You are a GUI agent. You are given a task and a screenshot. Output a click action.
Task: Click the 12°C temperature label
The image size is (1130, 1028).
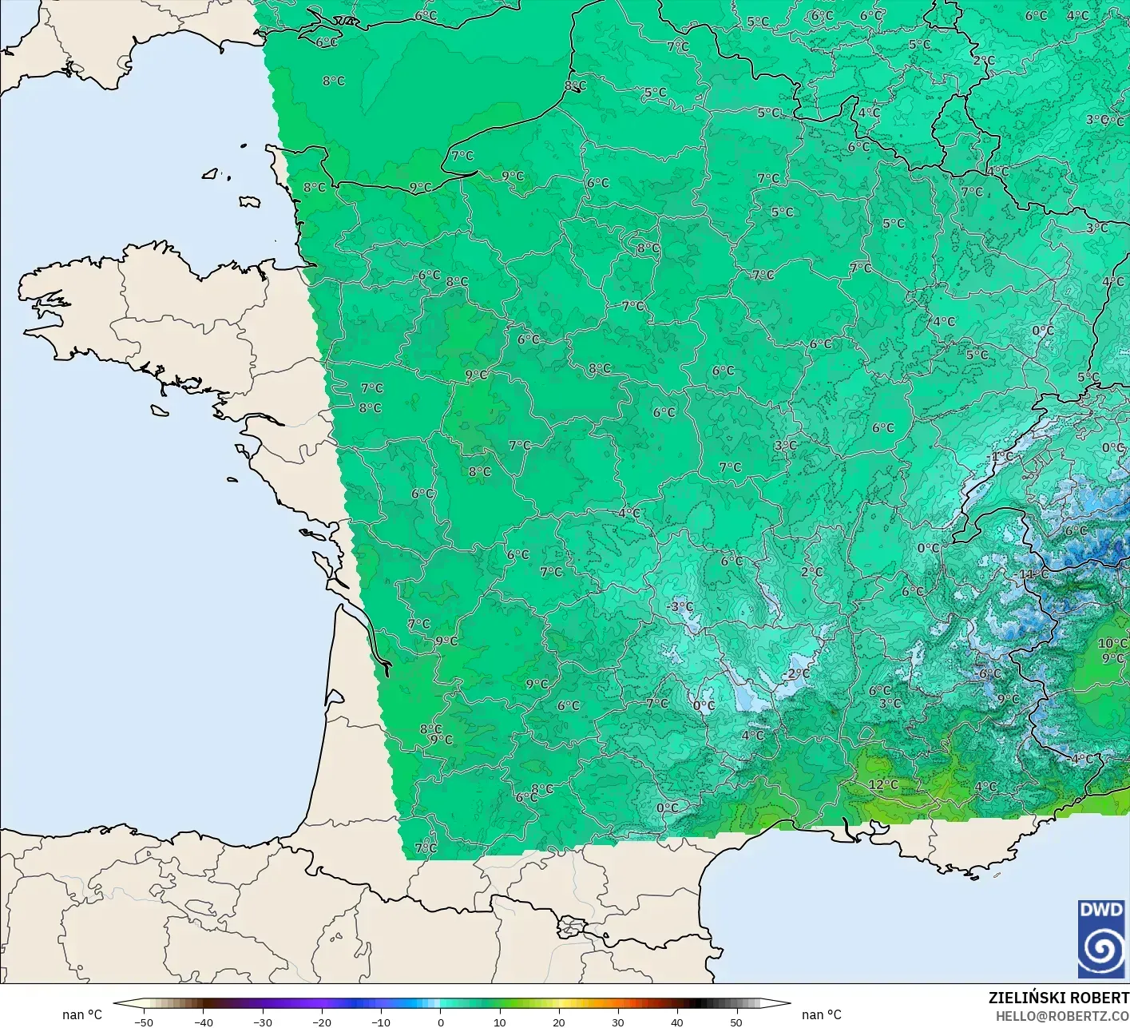pos(883,784)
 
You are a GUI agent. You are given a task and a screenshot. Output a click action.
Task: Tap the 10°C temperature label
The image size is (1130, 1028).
pos(1112,644)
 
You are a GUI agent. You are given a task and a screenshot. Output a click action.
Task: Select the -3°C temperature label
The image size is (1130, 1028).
pos(679,607)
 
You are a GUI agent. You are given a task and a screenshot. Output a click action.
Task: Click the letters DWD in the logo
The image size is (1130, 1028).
pos(1101,910)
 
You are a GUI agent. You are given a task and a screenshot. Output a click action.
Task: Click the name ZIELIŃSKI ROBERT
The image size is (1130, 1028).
pos(1058,998)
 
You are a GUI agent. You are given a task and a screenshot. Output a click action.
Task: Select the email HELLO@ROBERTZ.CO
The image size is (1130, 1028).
pos(1062,1016)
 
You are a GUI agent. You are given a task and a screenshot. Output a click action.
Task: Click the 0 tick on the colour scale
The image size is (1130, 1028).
pos(440,1022)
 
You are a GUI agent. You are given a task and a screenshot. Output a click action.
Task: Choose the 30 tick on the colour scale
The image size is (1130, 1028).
pos(618,1022)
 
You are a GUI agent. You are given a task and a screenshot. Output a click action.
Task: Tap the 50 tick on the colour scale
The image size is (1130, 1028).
pos(736,1022)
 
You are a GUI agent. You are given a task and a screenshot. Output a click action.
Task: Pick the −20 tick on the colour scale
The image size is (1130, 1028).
pos(321,1022)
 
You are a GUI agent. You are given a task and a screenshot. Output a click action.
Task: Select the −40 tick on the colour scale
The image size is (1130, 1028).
pos(203,1022)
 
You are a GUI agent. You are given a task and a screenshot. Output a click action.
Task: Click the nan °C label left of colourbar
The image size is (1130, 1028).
pos(82,1015)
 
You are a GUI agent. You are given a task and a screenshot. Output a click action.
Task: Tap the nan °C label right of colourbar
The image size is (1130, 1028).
pos(822,1015)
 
